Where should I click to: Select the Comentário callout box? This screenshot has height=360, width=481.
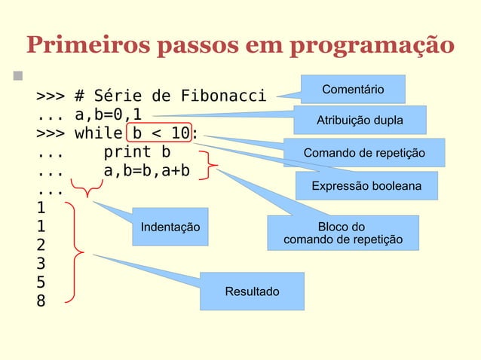click(353, 90)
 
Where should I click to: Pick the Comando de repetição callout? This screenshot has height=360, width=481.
click(364, 154)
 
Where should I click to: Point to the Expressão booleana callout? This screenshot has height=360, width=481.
click(366, 185)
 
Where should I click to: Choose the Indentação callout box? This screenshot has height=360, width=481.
click(170, 226)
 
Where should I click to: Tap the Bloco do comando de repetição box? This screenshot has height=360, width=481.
click(342, 233)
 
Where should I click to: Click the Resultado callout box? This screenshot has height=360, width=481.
click(252, 291)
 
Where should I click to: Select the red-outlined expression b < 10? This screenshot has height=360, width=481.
click(160, 134)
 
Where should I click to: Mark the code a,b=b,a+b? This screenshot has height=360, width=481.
click(146, 172)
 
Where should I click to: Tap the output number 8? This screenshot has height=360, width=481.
click(41, 302)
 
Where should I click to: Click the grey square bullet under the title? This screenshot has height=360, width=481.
click(16, 77)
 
